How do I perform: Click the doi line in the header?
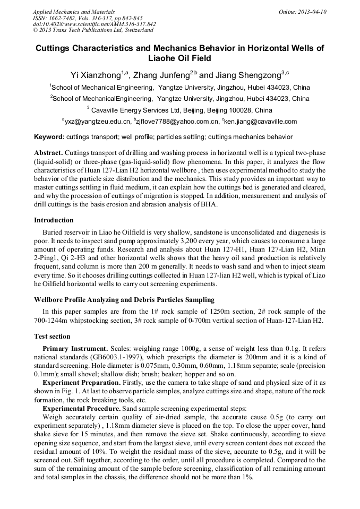click(95, 24)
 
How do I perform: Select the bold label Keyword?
click(49, 137)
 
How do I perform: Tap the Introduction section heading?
click(54, 220)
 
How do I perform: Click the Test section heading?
click(52, 337)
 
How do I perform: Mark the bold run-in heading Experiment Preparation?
click(81, 382)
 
